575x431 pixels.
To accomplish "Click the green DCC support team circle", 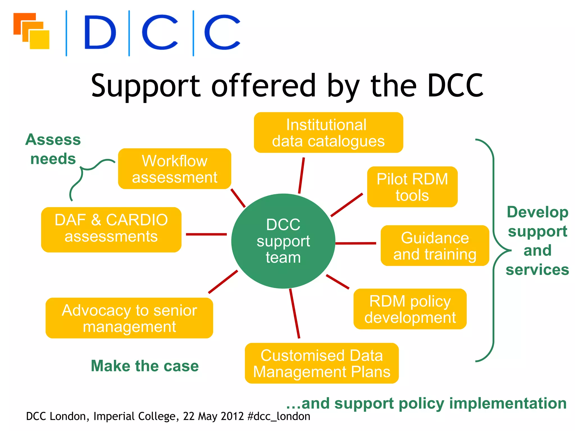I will (283, 241).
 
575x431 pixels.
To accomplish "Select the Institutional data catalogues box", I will (328, 132).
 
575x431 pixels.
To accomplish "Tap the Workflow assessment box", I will (174, 169).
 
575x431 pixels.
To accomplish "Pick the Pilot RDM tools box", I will (412, 187).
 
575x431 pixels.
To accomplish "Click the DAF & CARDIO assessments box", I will (111, 230).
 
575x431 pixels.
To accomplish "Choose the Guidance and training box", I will (435, 246).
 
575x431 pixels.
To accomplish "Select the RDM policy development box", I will (410, 309).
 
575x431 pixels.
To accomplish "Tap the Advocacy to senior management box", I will (129, 318).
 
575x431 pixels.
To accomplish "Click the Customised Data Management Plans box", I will (321, 363).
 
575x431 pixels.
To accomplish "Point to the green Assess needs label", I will (53, 149).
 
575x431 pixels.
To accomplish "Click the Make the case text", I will (145, 366).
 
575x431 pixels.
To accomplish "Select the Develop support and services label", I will (537, 241).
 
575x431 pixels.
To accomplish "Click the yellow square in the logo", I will (40, 40).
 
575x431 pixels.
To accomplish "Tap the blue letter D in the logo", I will (100, 32).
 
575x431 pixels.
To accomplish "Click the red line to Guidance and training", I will (355, 243).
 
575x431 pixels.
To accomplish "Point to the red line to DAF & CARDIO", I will (206, 234).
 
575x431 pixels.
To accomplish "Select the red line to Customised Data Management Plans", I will (294, 313).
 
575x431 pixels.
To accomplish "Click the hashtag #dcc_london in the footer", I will (279, 416).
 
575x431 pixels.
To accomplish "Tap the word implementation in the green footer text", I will (508, 403).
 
